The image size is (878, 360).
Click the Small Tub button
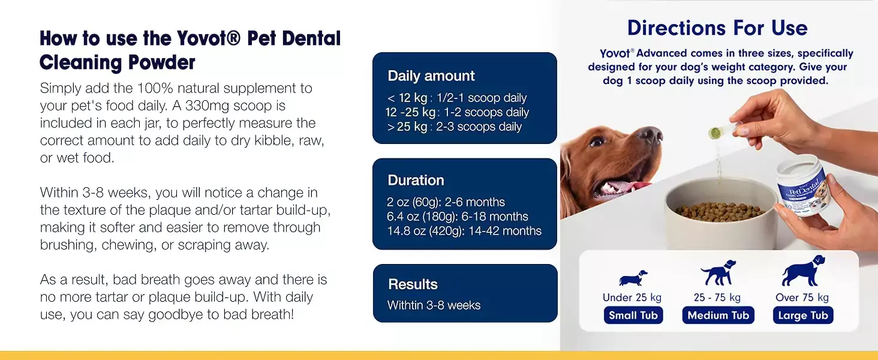(633, 315)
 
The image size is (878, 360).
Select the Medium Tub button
(718, 315)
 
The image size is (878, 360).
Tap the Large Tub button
(803, 315)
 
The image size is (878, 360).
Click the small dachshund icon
(633, 278)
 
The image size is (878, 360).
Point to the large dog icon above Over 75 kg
(803, 271)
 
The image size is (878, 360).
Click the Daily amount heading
(431, 76)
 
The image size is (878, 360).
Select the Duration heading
(416, 180)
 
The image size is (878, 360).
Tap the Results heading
(413, 284)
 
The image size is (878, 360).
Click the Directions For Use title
(717, 28)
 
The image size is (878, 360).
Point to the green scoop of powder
(715, 133)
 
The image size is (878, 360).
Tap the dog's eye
(597, 141)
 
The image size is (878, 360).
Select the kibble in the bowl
(720, 211)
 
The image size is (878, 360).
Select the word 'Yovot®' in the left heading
(208, 38)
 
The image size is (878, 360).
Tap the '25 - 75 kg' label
(717, 298)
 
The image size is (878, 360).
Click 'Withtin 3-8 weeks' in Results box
(434, 305)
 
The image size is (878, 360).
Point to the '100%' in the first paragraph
(155, 88)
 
